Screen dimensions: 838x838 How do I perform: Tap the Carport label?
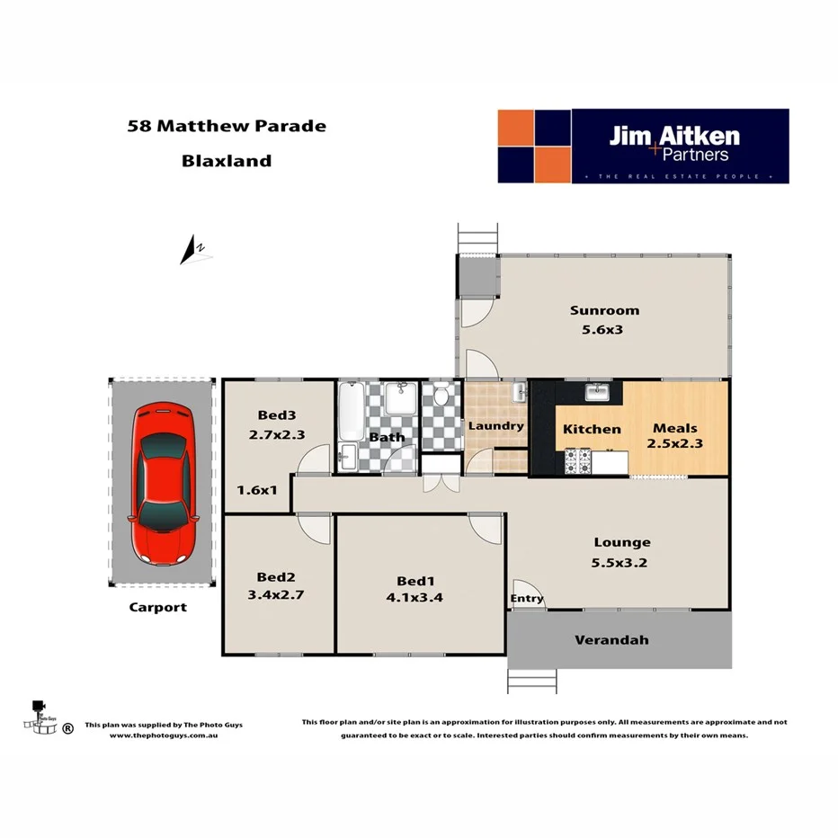[157, 607]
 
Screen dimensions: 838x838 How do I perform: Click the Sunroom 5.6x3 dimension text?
[604, 330]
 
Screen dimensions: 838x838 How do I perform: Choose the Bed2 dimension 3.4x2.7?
[276, 594]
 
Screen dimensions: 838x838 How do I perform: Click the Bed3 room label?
[276, 415]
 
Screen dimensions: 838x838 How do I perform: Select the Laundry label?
[495, 425]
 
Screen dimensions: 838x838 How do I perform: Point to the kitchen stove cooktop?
[577, 461]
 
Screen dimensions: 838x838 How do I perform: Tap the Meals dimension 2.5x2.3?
[674, 443]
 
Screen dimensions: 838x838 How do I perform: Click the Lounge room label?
[621, 542]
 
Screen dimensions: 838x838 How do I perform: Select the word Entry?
[527, 599]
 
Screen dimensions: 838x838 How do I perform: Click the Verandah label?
[611, 640]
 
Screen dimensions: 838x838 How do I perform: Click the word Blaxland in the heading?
[227, 162]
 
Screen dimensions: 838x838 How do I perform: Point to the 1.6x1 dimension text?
[257, 490]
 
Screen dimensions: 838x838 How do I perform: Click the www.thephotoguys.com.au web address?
[164, 735]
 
